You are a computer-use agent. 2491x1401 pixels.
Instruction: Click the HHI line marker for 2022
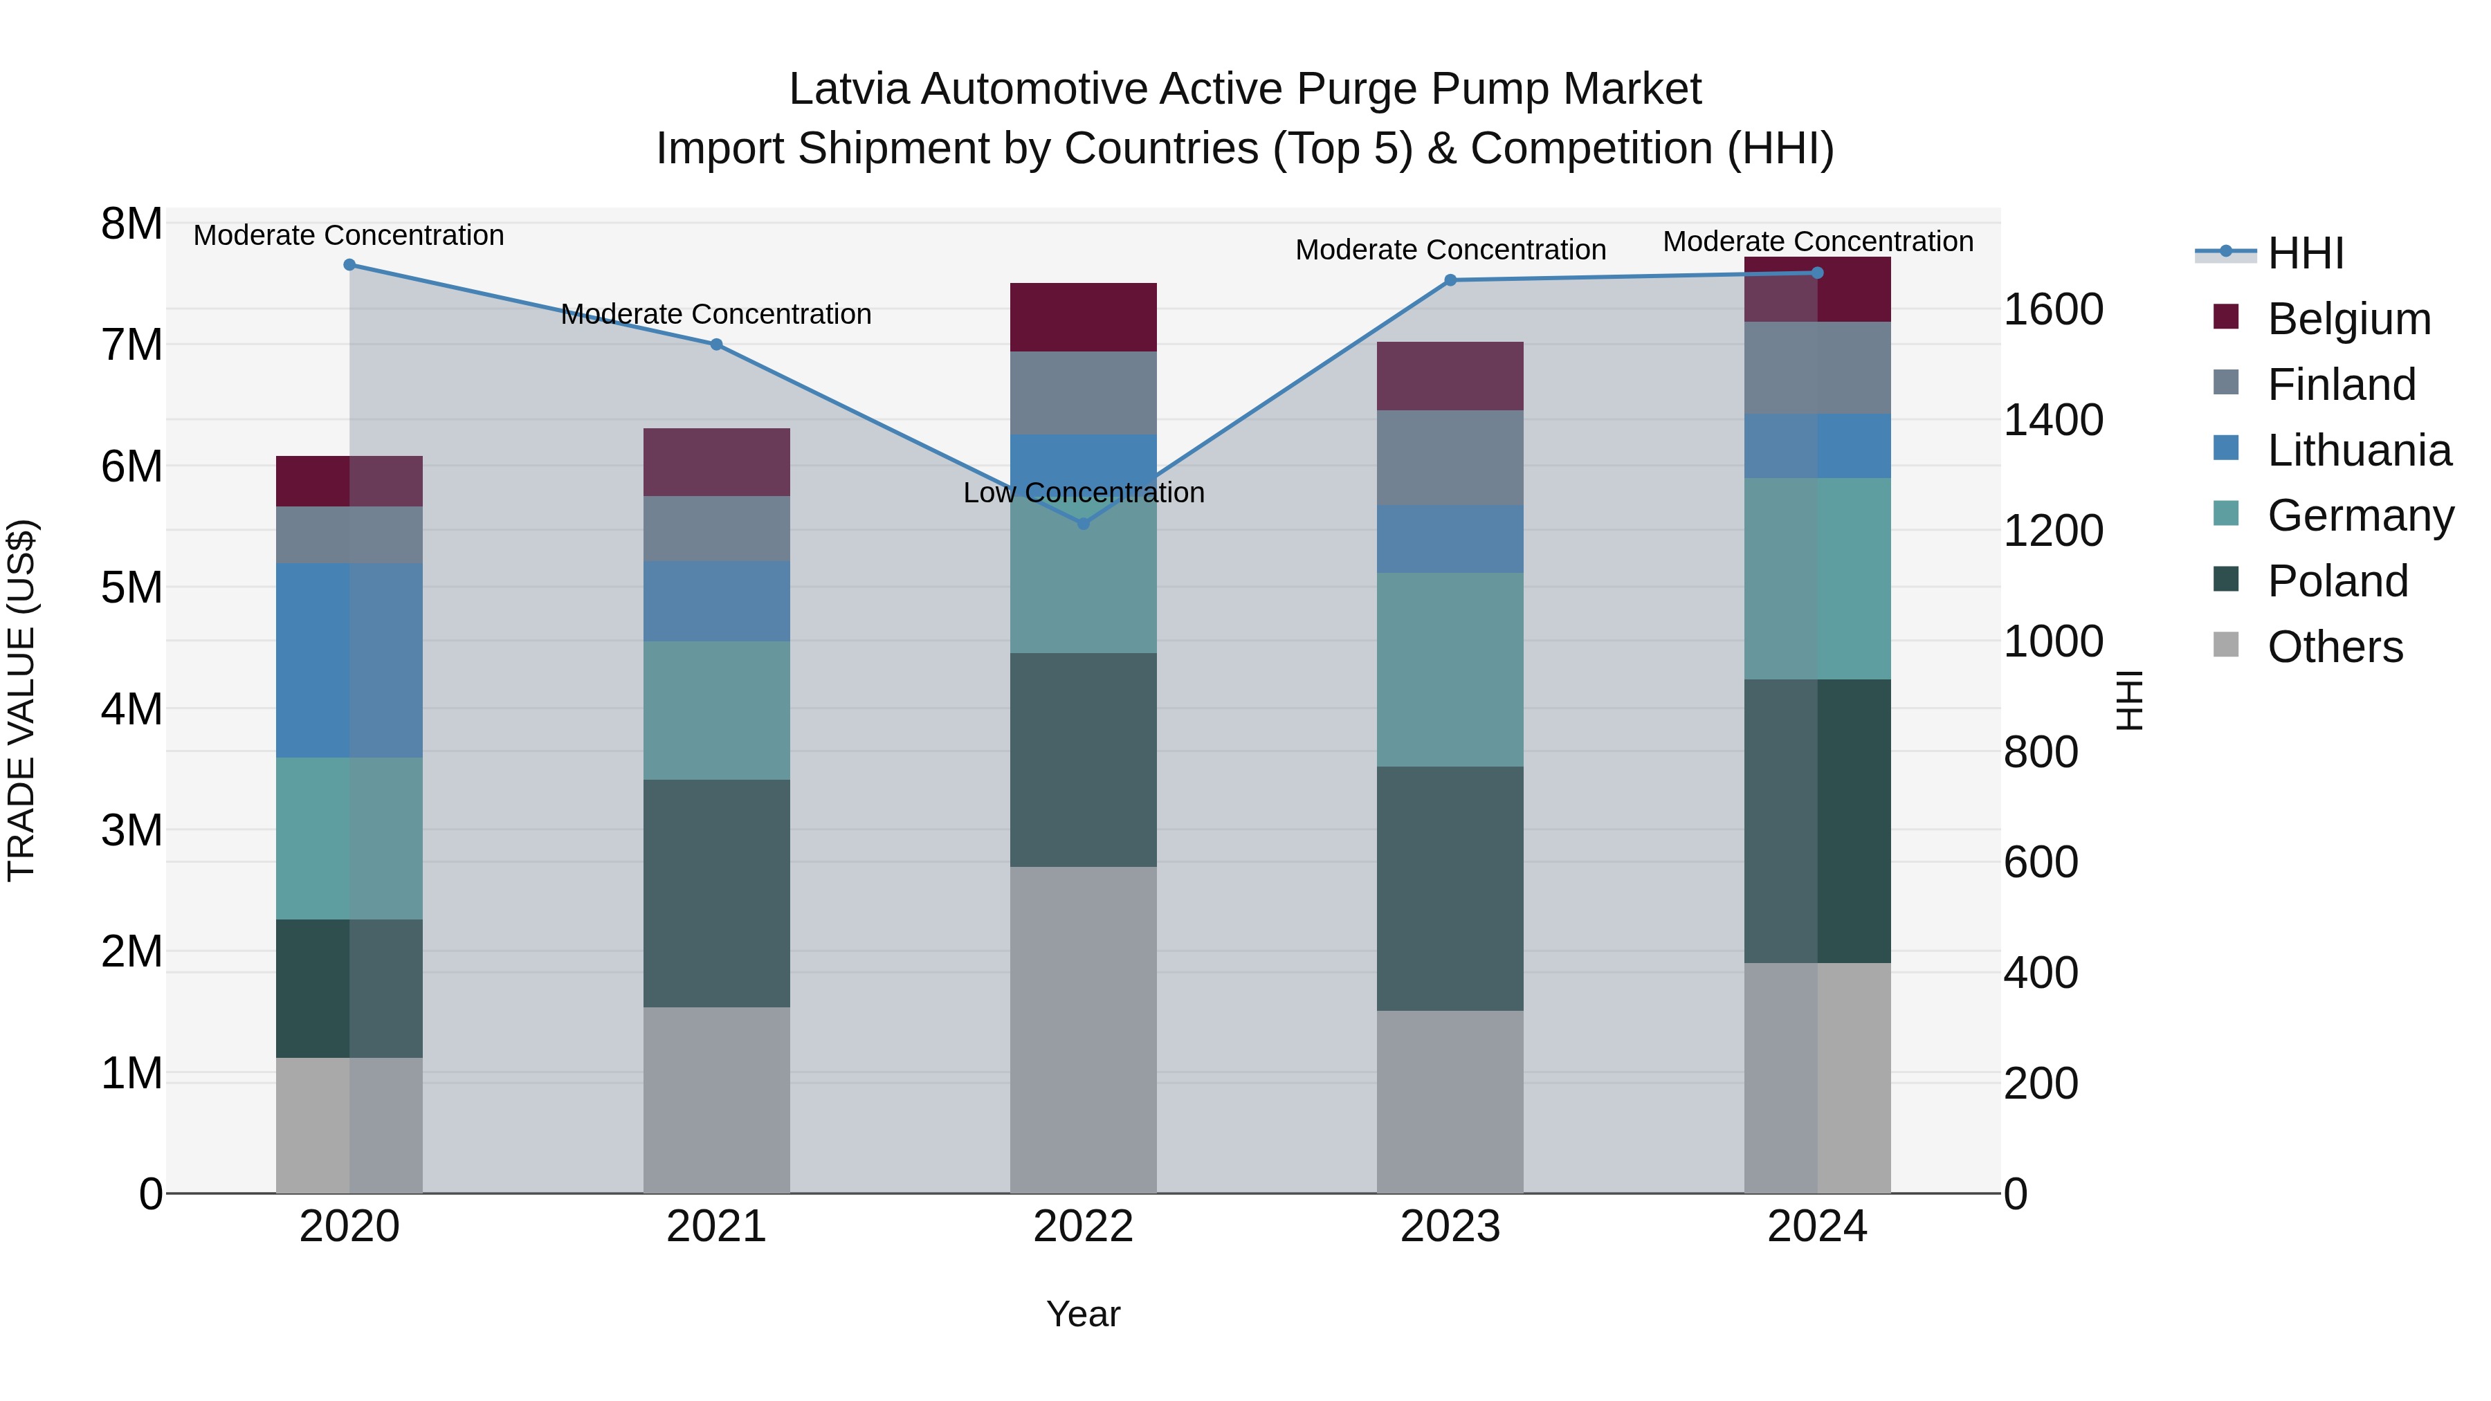pyautogui.click(x=1083, y=523)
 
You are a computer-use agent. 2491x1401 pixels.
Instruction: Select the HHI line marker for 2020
pyautogui.click(x=349, y=265)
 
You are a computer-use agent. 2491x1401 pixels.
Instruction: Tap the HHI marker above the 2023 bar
pyautogui.click(x=1450, y=280)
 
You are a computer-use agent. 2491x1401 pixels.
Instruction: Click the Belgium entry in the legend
pyautogui.click(x=2348, y=319)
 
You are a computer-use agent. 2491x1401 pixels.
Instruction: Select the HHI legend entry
pyautogui.click(x=2306, y=253)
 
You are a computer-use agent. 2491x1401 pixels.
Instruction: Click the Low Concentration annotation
pyautogui.click(x=1083, y=493)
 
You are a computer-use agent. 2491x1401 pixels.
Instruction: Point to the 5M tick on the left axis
pyautogui.click(x=131, y=588)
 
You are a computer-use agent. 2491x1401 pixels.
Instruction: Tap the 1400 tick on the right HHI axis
pyautogui.click(x=2052, y=421)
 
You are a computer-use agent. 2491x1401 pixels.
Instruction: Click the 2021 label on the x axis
pyautogui.click(x=715, y=1227)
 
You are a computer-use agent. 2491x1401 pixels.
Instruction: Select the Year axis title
pyautogui.click(x=1083, y=1314)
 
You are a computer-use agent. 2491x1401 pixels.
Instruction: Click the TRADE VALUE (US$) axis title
pyautogui.click(x=21, y=700)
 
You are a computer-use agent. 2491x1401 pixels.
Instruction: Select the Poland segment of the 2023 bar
pyautogui.click(x=1450, y=888)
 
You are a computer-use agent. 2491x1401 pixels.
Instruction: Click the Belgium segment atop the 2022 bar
pyautogui.click(x=1083, y=317)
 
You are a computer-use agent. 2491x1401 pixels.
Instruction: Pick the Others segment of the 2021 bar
pyautogui.click(x=715, y=1100)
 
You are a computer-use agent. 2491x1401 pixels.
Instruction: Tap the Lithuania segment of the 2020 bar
pyautogui.click(x=349, y=661)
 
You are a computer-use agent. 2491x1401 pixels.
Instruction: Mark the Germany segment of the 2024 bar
pyautogui.click(x=1817, y=578)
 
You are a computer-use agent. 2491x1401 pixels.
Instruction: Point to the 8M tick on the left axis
pyautogui.click(x=131, y=224)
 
